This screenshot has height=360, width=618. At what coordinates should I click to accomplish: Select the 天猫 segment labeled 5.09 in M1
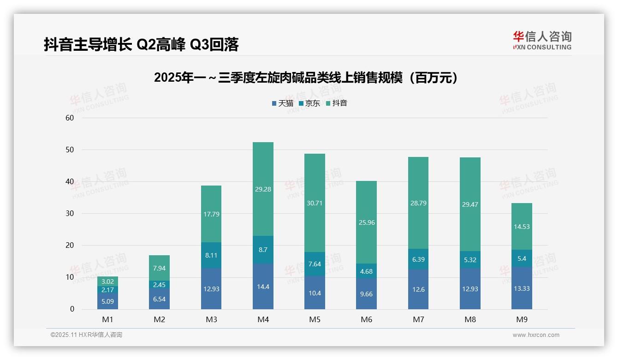tap(107, 301)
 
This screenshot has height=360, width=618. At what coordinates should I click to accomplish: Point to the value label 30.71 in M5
tap(315, 203)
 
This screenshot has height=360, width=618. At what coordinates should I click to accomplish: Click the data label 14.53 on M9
tap(522, 227)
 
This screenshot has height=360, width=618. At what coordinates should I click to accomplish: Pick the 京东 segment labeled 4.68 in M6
tap(366, 271)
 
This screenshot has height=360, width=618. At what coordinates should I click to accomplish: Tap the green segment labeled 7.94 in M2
tap(160, 268)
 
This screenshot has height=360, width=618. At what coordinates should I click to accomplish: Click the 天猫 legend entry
tap(282, 103)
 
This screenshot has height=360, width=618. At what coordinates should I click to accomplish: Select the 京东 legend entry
tap(309, 103)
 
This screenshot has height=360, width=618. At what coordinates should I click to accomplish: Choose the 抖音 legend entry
tap(337, 103)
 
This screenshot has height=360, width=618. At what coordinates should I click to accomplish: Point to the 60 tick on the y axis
tap(70, 118)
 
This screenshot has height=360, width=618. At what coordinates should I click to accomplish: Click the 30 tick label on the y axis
tap(70, 213)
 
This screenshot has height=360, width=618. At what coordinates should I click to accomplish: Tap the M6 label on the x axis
tap(366, 319)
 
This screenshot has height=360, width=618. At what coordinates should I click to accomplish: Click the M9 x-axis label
tap(522, 319)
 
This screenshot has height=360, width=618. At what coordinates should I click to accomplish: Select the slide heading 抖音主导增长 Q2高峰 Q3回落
tap(141, 45)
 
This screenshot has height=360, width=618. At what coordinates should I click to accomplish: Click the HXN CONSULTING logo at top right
tap(542, 41)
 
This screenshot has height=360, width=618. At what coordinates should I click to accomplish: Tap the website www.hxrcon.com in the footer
tap(535, 335)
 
